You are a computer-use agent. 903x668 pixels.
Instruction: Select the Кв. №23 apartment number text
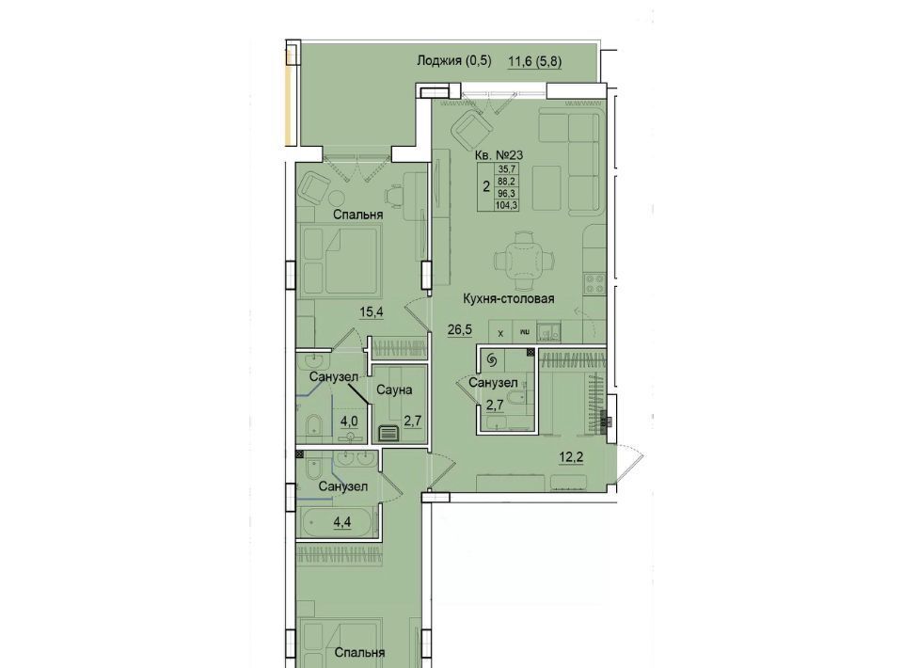(x=499, y=155)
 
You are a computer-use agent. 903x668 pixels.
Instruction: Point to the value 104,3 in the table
(x=507, y=204)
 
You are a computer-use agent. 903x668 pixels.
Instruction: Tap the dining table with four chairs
(x=524, y=258)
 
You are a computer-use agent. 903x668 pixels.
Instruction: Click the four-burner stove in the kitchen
(x=595, y=283)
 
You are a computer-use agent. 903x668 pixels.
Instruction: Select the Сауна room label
(x=394, y=390)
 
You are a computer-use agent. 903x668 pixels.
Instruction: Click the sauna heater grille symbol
(x=388, y=432)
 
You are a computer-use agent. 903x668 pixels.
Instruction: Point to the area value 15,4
(x=372, y=312)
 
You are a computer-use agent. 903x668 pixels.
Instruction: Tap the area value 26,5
(x=460, y=329)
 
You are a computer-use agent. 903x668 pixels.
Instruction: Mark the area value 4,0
(x=349, y=421)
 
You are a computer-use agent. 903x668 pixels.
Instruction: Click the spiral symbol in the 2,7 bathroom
(x=492, y=360)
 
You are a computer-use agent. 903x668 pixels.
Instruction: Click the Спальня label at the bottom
(x=359, y=653)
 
